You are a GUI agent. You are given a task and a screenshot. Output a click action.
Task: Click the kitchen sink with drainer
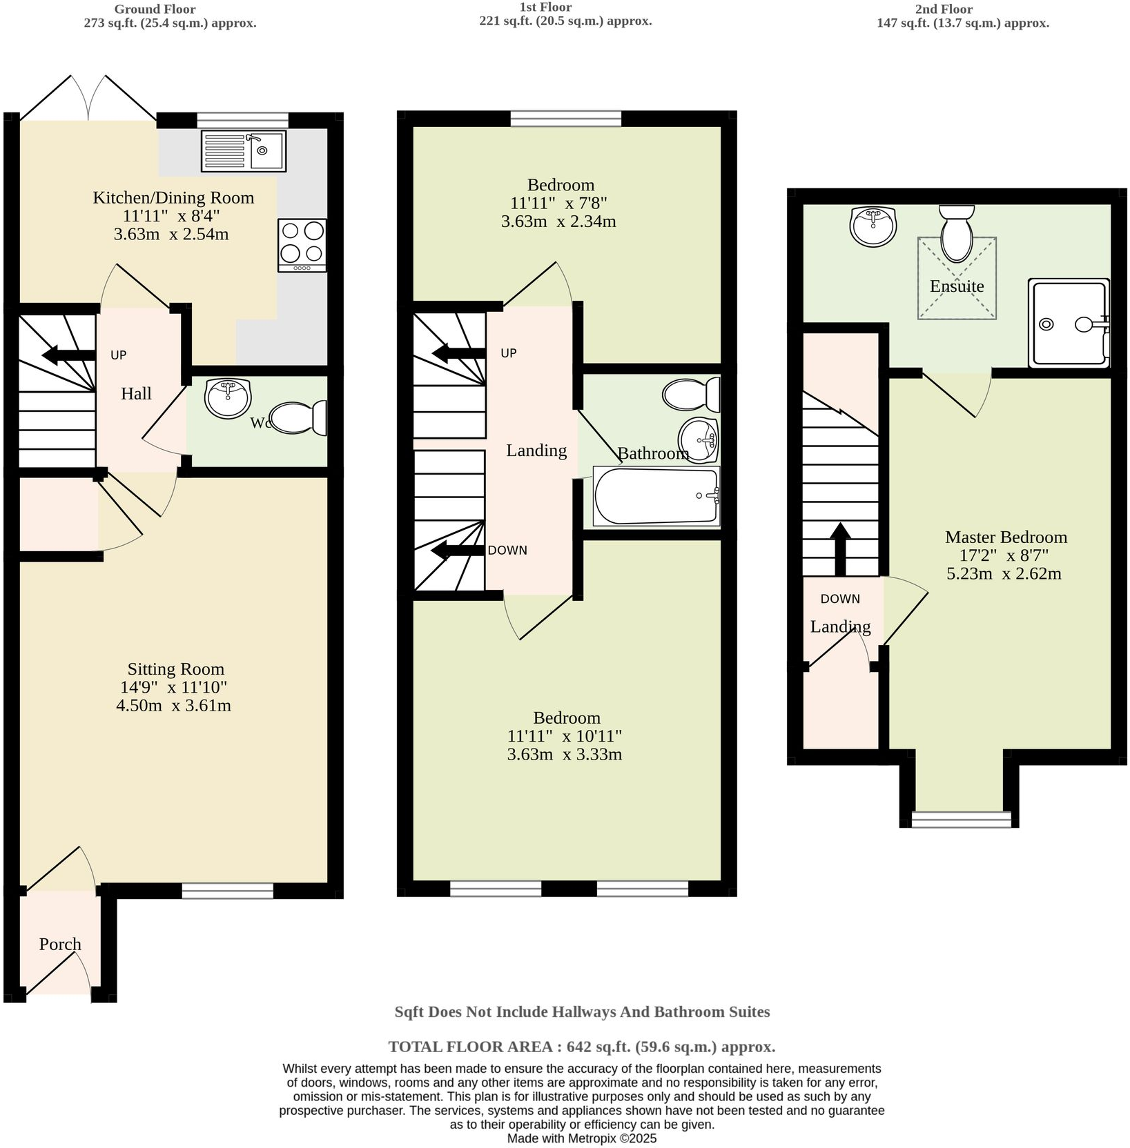(x=244, y=151)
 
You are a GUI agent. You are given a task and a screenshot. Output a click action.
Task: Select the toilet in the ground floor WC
(x=299, y=418)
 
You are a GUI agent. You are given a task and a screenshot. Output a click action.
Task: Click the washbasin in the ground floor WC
(x=228, y=398)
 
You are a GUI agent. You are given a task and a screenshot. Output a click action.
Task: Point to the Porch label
(x=60, y=944)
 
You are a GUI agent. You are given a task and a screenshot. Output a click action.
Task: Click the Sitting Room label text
(x=175, y=669)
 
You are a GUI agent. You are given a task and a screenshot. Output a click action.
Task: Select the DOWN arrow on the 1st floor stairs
(x=458, y=551)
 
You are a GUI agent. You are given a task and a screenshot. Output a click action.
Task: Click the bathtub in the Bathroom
(x=656, y=496)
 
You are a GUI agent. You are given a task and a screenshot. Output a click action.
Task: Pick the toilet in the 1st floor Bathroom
(x=690, y=395)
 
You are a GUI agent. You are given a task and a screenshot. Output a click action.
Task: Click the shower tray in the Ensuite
(x=1068, y=323)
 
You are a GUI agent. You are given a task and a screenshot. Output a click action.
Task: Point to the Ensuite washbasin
(x=873, y=226)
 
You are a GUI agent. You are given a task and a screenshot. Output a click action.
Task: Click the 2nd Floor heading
(x=962, y=9)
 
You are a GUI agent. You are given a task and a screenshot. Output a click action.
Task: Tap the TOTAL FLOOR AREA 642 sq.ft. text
(x=581, y=1046)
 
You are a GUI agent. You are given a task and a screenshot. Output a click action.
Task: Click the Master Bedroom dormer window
(x=961, y=819)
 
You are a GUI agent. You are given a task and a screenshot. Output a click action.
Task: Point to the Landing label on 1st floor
(x=536, y=451)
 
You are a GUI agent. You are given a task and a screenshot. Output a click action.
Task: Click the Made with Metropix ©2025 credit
(x=581, y=1138)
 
